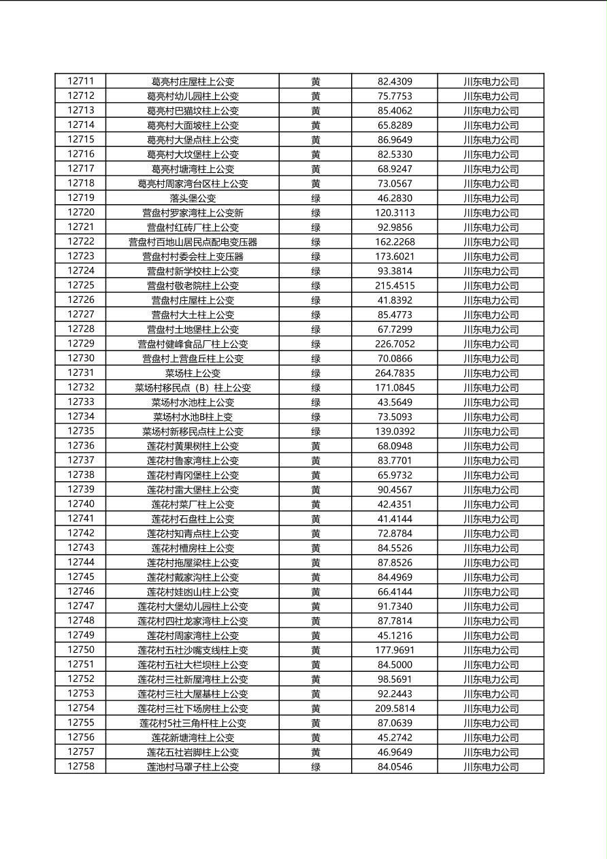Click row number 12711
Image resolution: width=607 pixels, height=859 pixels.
pos(81,81)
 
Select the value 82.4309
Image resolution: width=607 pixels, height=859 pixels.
pos(395,82)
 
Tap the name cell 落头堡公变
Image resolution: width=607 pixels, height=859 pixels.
pos(193,198)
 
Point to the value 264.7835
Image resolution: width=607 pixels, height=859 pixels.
pos(395,373)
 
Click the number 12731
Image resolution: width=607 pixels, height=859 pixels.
pos(81,372)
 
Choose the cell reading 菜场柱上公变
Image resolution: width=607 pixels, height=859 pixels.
pos(193,373)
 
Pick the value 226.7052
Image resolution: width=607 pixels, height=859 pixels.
pos(395,344)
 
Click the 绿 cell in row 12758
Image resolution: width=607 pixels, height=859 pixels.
pos(316,766)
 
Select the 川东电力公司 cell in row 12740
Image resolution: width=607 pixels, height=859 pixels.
pos(491,504)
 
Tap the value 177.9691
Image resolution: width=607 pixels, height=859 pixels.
pos(395,650)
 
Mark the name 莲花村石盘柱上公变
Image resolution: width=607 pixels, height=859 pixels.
pos(193,519)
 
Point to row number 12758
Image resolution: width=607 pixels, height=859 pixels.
pos(81,766)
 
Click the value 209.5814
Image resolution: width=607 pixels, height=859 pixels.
pos(395,709)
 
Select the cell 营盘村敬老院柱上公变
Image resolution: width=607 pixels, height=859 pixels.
pos(193,286)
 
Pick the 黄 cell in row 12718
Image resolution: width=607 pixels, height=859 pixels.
pos(316,184)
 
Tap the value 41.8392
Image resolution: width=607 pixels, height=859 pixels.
pos(395,300)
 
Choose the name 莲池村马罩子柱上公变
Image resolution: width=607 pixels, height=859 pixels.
pos(193,766)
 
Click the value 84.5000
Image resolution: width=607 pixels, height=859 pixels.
pos(395,664)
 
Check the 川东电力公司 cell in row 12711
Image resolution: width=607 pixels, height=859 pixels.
pos(491,82)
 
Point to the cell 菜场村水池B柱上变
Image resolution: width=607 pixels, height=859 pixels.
pos(193,417)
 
